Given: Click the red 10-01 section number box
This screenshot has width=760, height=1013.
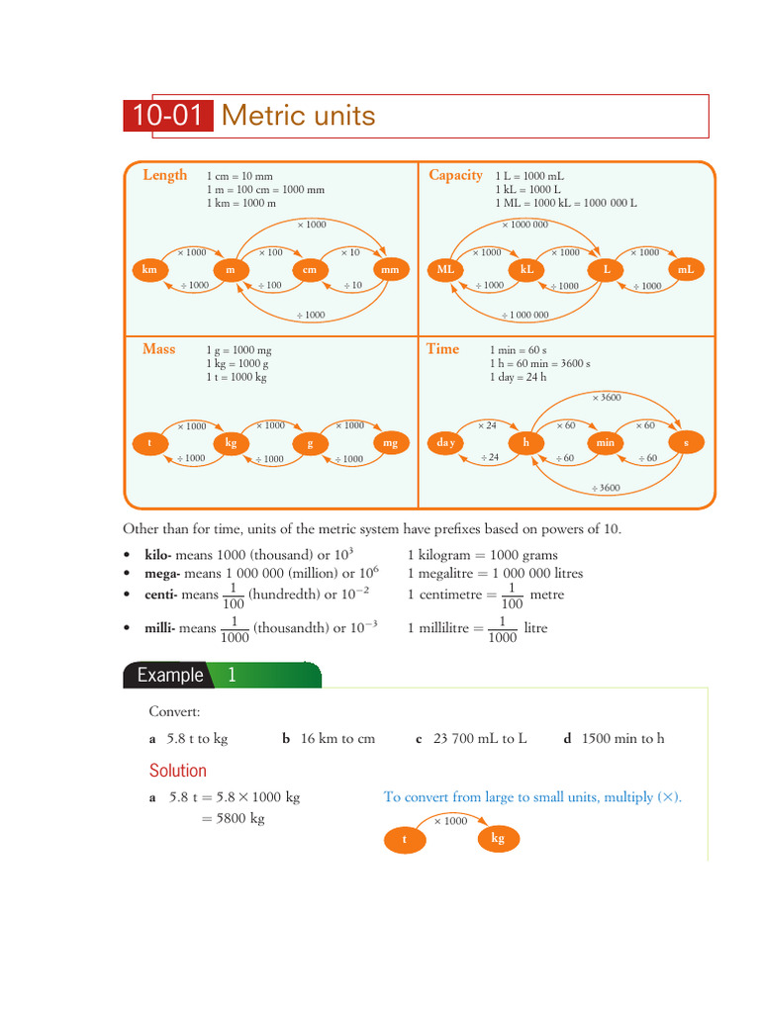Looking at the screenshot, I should [168, 117].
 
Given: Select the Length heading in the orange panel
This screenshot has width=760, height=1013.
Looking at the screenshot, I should [164, 175].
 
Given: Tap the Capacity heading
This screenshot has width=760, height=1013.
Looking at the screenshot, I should [455, 175].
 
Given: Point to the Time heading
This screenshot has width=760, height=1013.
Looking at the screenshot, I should [442, 349].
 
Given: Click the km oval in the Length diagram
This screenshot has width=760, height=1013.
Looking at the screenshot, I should [149, 269].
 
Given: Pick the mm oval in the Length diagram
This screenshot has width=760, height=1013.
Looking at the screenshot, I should [390, 269].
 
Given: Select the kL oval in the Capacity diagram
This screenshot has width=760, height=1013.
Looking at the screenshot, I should [526, 269].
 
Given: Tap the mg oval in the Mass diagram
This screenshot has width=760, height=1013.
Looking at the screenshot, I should [390, 443].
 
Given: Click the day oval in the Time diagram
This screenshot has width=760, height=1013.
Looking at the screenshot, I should [446, 443].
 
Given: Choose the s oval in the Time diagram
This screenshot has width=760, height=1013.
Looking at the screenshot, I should [685, 443].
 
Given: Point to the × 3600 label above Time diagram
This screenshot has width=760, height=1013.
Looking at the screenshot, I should [607, 398].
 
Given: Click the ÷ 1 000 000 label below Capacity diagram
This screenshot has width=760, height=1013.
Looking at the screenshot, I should [524, 316].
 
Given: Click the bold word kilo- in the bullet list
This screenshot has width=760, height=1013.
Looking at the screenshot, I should [157, 555].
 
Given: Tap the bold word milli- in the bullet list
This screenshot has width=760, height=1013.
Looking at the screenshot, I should [158, 628].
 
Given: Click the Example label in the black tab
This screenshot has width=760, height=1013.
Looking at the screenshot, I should [170, 676].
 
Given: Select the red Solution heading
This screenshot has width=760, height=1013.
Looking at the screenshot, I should [178, 771].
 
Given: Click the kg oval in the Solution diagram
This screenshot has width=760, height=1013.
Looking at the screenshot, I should [498, 839].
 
